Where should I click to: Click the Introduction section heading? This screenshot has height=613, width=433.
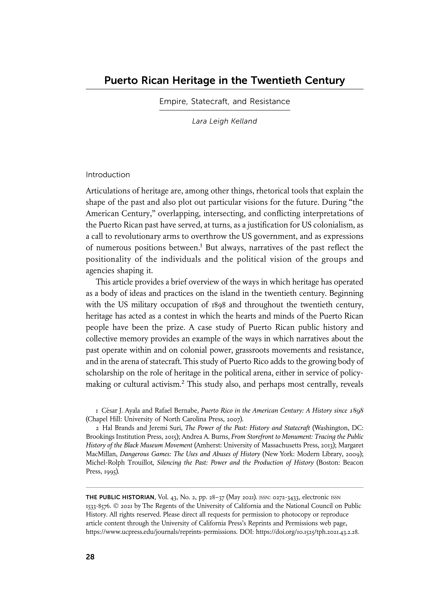(108, 175)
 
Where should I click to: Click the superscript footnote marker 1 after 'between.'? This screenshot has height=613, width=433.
(201, 245)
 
